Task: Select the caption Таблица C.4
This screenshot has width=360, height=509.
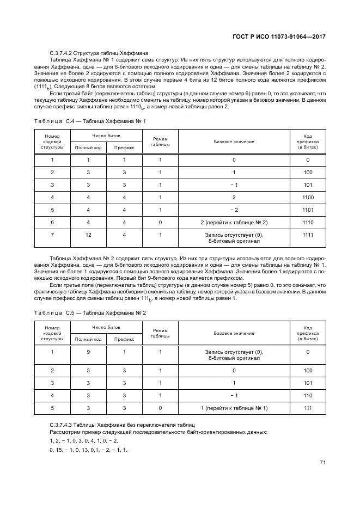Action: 90,121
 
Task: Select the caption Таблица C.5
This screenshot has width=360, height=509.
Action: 90,314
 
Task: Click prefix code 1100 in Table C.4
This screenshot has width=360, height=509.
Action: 308,197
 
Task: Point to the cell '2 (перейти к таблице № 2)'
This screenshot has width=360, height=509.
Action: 234,222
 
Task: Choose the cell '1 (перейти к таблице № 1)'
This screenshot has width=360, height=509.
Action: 234,408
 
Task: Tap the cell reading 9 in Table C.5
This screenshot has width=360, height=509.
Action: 88,352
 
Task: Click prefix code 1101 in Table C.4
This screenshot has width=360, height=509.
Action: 308,210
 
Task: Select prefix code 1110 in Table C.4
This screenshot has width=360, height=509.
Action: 308,222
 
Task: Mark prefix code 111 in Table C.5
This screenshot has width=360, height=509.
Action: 308,408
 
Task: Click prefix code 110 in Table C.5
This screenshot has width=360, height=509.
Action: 308,395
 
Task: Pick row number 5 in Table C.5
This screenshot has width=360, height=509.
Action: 52,408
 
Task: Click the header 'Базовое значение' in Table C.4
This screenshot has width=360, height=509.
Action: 234,142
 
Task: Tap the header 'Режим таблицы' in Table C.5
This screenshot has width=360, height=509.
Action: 160,333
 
